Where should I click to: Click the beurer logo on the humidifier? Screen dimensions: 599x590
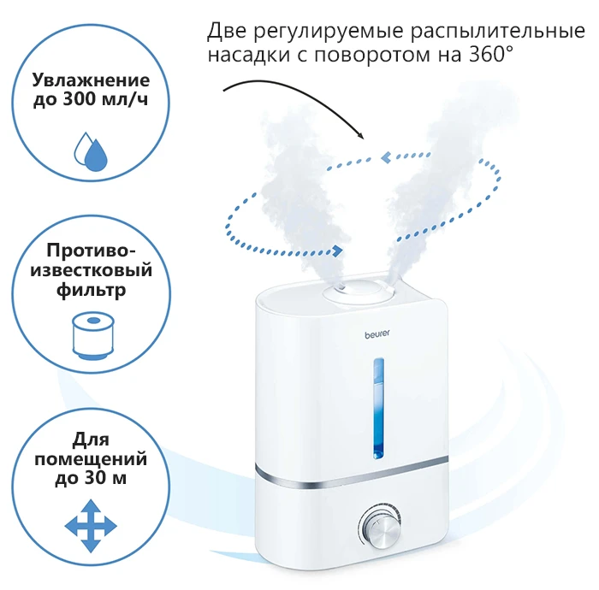pos(377,334)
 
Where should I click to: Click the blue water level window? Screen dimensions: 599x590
pos(378,408)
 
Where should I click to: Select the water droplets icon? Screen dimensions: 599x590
pos(91,151)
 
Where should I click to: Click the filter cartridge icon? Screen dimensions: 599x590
pos(92,335)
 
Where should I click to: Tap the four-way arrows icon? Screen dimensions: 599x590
pos(91,526)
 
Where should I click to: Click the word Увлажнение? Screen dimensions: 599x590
pos(91,80)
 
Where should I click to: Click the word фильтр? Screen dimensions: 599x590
pos(92,290)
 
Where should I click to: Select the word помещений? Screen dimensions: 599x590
pos(91,458)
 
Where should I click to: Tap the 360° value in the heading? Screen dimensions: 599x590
pos(491,54)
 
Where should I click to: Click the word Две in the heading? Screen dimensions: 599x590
pos(227,32)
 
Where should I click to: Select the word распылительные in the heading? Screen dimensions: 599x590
pos(498,32)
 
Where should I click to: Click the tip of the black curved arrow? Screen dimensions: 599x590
pos(363,139)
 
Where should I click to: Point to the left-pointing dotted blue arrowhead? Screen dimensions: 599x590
pos(386,157)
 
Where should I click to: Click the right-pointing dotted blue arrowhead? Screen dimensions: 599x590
pos(337,251)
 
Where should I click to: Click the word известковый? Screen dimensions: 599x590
pos(92,270)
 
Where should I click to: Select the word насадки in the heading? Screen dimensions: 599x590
pos(249,55)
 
